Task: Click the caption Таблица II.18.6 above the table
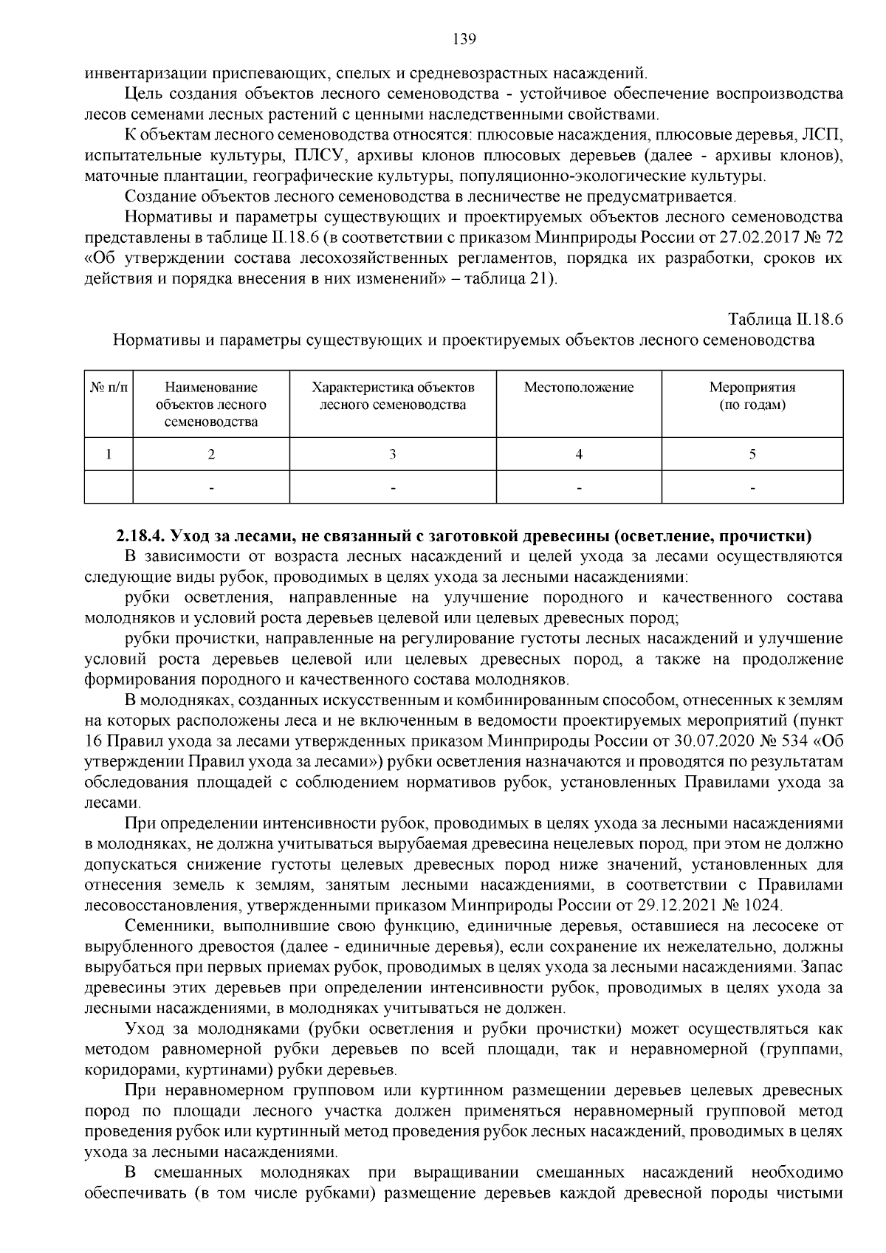tap(785, 320)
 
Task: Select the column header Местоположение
tap(578, 388)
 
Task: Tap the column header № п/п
tap(109, 388)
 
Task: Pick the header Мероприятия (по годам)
tap(752, 396)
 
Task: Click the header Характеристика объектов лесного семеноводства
tap(392, 396)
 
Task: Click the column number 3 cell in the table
tap(392, 455)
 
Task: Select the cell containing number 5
tap(752, 455)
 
